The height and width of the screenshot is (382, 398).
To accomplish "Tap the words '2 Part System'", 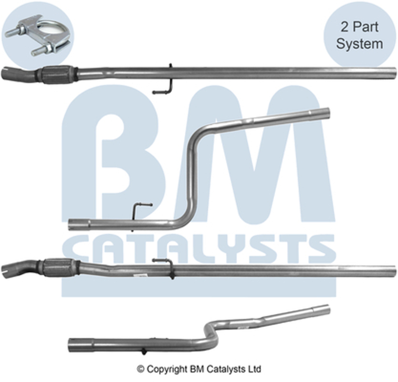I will pos(359,36).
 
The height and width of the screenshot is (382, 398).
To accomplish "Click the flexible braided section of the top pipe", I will pos(56,75).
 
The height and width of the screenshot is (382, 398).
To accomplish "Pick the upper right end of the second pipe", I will pos(325,112).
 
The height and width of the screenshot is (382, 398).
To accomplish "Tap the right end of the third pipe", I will pos(393,271).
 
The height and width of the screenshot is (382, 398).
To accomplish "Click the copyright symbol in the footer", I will pos(140,369).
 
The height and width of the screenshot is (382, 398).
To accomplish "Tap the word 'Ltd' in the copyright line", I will pos(255,369).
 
